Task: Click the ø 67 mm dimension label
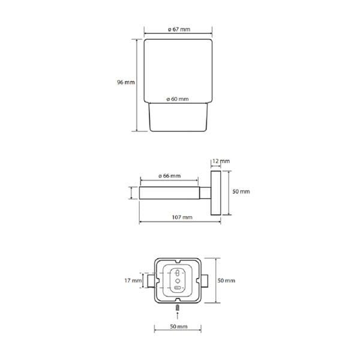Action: [179, 29]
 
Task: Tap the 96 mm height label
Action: [126, 82]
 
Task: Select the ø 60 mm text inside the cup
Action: [178, 99]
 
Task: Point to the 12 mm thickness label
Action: [221, 161]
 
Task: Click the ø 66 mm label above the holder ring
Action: [169, 176]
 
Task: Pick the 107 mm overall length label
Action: [182, 217]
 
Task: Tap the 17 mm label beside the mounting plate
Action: [133, 281]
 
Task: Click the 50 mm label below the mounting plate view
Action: [179, 326]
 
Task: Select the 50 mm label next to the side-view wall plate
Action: [241, 191]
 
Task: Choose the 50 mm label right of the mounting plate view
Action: [226, 281]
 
